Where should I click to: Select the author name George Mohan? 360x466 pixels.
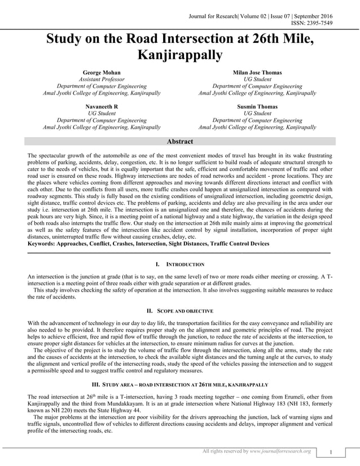pyautogui.click(x=102, y=73)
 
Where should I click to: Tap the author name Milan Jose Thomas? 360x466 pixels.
pyautogui.click(x=257, y=73)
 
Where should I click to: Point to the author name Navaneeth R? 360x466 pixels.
pyautogui.click(x=102, y=106)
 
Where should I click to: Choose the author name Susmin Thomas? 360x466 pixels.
pyautogui.click(x=257, y=106)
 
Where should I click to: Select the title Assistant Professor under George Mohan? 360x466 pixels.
pyautogui.click(x=102, y=80)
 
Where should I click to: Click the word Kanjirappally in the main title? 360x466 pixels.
pyautogui.click(x=181, y=55)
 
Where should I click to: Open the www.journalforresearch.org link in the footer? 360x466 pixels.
pyautogui.click(x=280, y=451)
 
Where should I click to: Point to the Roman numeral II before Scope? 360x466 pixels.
pyautogui.click(x=150, y=311)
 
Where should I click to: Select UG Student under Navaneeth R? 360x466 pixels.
pyautogui.click(x=102, y=113)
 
